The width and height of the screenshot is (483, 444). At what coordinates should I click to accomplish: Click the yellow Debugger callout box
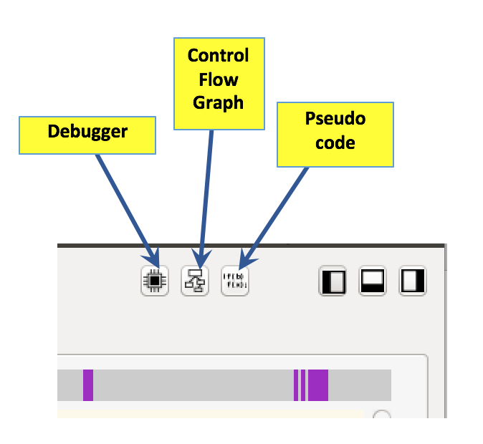[87, 135]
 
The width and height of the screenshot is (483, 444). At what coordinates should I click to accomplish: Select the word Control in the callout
[218, 55]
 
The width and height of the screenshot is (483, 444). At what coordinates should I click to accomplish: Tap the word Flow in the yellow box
[219, 79]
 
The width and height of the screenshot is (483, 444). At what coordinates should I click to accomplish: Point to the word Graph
[219, 102]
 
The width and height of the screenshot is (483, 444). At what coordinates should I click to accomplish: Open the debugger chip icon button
[155, 281]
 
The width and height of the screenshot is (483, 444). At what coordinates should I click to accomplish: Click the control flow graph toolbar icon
[195, 281]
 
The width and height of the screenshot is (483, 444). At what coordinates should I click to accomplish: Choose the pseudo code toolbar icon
[235, 281]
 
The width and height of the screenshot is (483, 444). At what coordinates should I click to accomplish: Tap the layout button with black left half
[333, 281]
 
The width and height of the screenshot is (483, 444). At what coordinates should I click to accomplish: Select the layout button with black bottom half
[373, 281]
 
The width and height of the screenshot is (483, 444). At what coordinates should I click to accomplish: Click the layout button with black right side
[413, 281]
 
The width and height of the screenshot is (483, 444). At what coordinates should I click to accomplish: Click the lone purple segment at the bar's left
[88, 385]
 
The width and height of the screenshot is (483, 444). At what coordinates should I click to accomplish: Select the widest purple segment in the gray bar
[319, 385]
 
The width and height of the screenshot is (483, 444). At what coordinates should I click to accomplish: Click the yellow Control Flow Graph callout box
[219, 83]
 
